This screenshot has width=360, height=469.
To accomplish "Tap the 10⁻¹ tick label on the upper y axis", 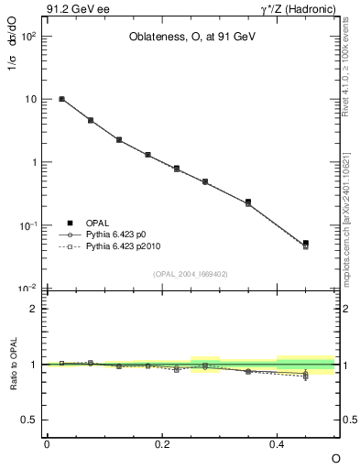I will tap(27, 225).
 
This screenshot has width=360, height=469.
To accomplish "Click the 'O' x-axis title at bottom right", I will tap(335, 458).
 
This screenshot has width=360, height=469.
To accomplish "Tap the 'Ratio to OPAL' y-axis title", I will tap(13, 365).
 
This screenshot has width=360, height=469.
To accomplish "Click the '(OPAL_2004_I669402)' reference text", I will tap(190, 273).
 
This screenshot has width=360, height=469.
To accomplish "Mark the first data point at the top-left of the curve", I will tap(61, 99).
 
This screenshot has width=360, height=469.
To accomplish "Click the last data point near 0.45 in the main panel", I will tap(305, 244).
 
